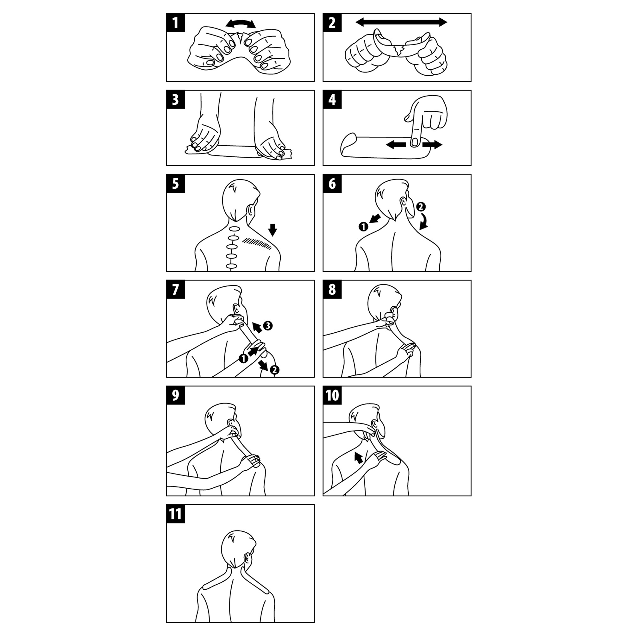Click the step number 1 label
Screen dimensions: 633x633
click(176, 22)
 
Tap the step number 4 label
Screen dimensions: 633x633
click(332, 99)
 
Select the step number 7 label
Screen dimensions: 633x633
click(176, 289)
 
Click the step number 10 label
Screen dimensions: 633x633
click(332, 395)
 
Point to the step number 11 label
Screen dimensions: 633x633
click(176, 514)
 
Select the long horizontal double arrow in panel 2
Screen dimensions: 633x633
click(401, 22)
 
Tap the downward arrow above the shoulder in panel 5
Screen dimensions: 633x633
click(272, 230)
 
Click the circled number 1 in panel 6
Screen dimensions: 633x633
click(363, 226)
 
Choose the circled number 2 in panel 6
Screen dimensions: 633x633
click(421, 206)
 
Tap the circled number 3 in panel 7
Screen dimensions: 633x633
click(268, 326)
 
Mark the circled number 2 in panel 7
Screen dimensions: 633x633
click(274, 370)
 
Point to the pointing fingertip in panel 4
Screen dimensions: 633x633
click(415, 142)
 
